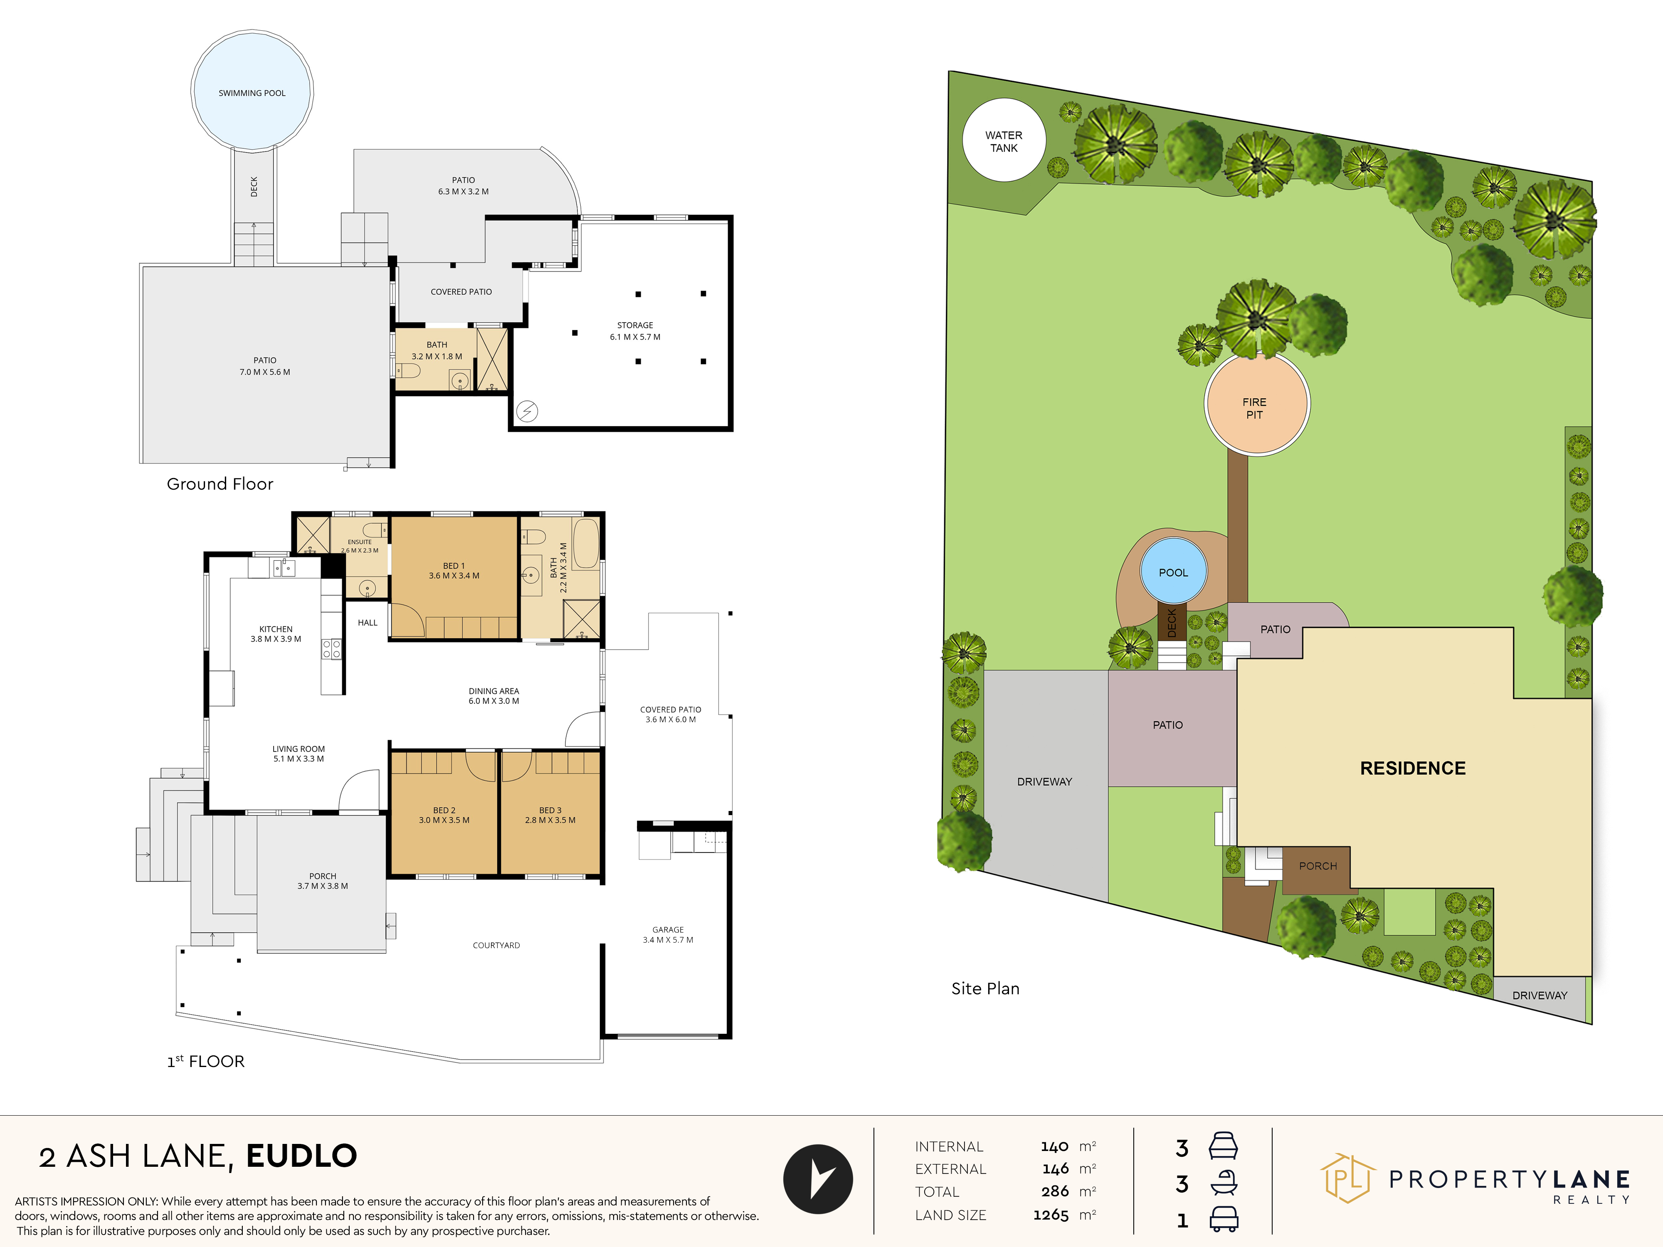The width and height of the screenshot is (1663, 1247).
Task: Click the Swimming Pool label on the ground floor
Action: pyautogui.click(x=252, y=93)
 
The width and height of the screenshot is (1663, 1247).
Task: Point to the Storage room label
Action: pyautogui.click(x=635, y=331)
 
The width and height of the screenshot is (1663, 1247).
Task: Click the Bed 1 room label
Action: pyautogui.click(x=454, y=571)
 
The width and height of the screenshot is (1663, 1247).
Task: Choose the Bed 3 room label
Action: pyautogui.click(x=550, y=815)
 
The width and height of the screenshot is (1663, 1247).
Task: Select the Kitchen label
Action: pyautogui.click(x=276, y=633)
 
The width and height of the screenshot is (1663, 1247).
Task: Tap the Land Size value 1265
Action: pyautogui.click(x=1050, y=1215)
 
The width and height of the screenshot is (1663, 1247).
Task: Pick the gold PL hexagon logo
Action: pyautogui.click(x=1348, y=1178)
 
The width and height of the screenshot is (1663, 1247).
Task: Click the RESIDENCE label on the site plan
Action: pyautogui.click(x=1413, y=768)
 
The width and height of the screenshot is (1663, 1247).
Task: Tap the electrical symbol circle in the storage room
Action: pyautogui.click(x=527, y=411)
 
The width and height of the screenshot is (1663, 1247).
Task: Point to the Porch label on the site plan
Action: pyautogui.click(x=1318, y=866)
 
